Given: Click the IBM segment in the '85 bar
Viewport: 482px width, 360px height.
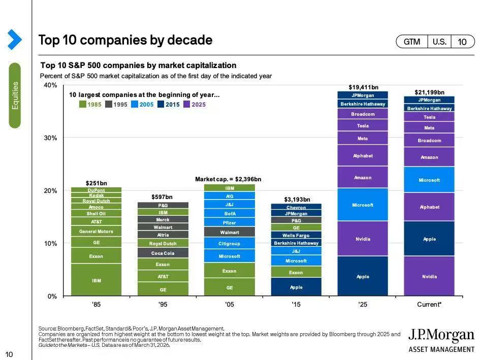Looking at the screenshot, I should point(96,280).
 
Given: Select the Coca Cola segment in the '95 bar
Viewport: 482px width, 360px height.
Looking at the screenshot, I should point(163,253).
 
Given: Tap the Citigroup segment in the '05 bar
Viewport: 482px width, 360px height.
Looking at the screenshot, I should point(229,244).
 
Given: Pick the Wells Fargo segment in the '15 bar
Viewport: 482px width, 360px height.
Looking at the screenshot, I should point(296,235).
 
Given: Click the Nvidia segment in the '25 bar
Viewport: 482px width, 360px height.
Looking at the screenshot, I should point(363,239).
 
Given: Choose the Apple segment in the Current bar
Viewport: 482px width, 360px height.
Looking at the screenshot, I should point(429,239).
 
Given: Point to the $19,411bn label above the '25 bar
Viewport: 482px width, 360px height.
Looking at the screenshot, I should point(363,87).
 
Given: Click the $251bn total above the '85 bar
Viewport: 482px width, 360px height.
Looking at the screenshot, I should point(96,183).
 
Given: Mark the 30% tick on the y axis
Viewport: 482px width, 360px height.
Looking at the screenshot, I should point(50,138).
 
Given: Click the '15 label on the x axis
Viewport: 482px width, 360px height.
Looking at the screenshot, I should point(296,305).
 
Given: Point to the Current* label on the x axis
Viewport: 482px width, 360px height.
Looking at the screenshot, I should point(429,305).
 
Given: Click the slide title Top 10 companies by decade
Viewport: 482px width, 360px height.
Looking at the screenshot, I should point(125,40).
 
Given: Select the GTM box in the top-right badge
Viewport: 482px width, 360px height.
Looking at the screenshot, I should point(412,42).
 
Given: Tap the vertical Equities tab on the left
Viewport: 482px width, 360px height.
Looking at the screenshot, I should point(15,95).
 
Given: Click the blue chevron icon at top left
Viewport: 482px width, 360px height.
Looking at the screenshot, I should point(14,40).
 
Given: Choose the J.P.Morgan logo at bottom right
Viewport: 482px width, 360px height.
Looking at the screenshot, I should point(441,339).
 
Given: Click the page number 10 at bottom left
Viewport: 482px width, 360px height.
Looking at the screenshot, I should point(9,354).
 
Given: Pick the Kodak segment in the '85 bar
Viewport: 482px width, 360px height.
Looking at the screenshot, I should point(96,195).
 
